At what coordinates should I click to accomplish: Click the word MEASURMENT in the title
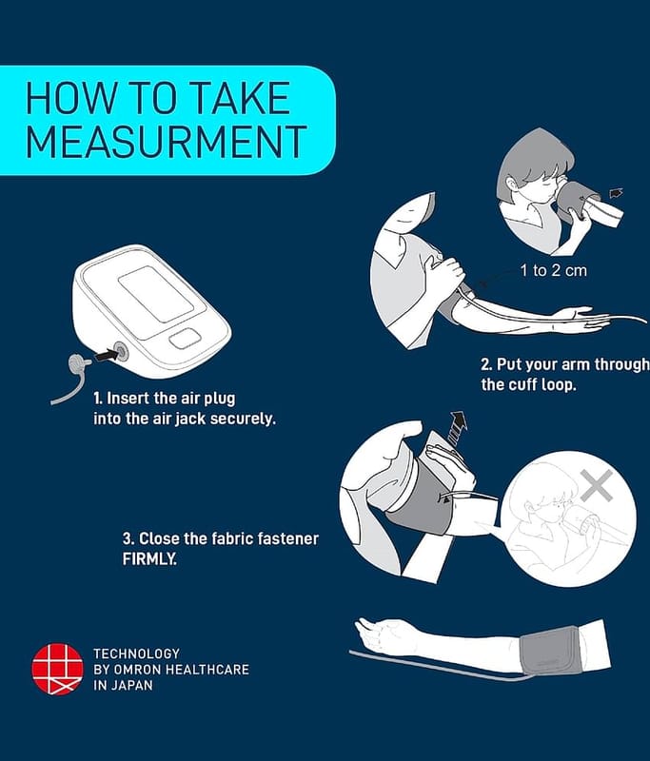coord(166,141)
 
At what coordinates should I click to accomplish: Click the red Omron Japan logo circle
coord(57,669)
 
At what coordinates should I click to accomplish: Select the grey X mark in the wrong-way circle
coord(597,485)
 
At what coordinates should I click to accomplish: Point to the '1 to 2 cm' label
coord(553,270)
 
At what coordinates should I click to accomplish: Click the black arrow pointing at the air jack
coord(106,355)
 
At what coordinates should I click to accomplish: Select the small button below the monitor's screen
coord(185,339)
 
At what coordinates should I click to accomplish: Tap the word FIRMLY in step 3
coord(149,559)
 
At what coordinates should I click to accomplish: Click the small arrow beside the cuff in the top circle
coord(616,194)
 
